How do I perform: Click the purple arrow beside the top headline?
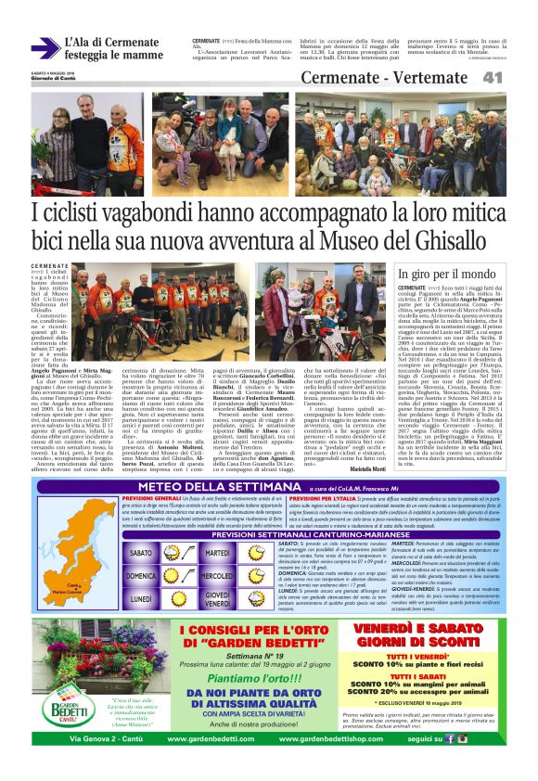click(x=45, y=48)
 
